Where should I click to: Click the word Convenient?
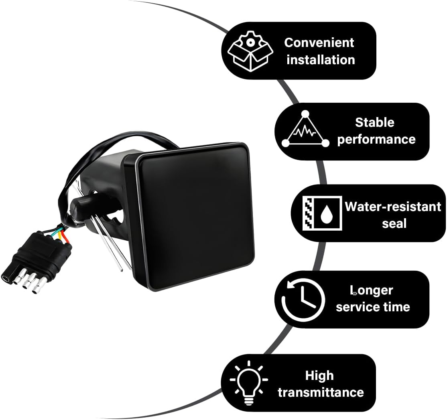tap(319, 43)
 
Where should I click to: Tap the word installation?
tap(321, 60)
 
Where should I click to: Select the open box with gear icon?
tap(250, 51)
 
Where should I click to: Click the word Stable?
tap(375, 122)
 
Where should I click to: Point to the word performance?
tap(376, 140)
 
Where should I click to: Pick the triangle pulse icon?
tap(305, 129)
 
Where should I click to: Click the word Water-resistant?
tap(393, 207)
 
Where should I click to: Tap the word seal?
tap(394, 224)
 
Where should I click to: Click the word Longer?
tap(372, 291)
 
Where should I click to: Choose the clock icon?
tap(303, 300)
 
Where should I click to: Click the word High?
tap(319, 375)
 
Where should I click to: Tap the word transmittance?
tap(321, 392)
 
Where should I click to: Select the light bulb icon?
tap(249, 383)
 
